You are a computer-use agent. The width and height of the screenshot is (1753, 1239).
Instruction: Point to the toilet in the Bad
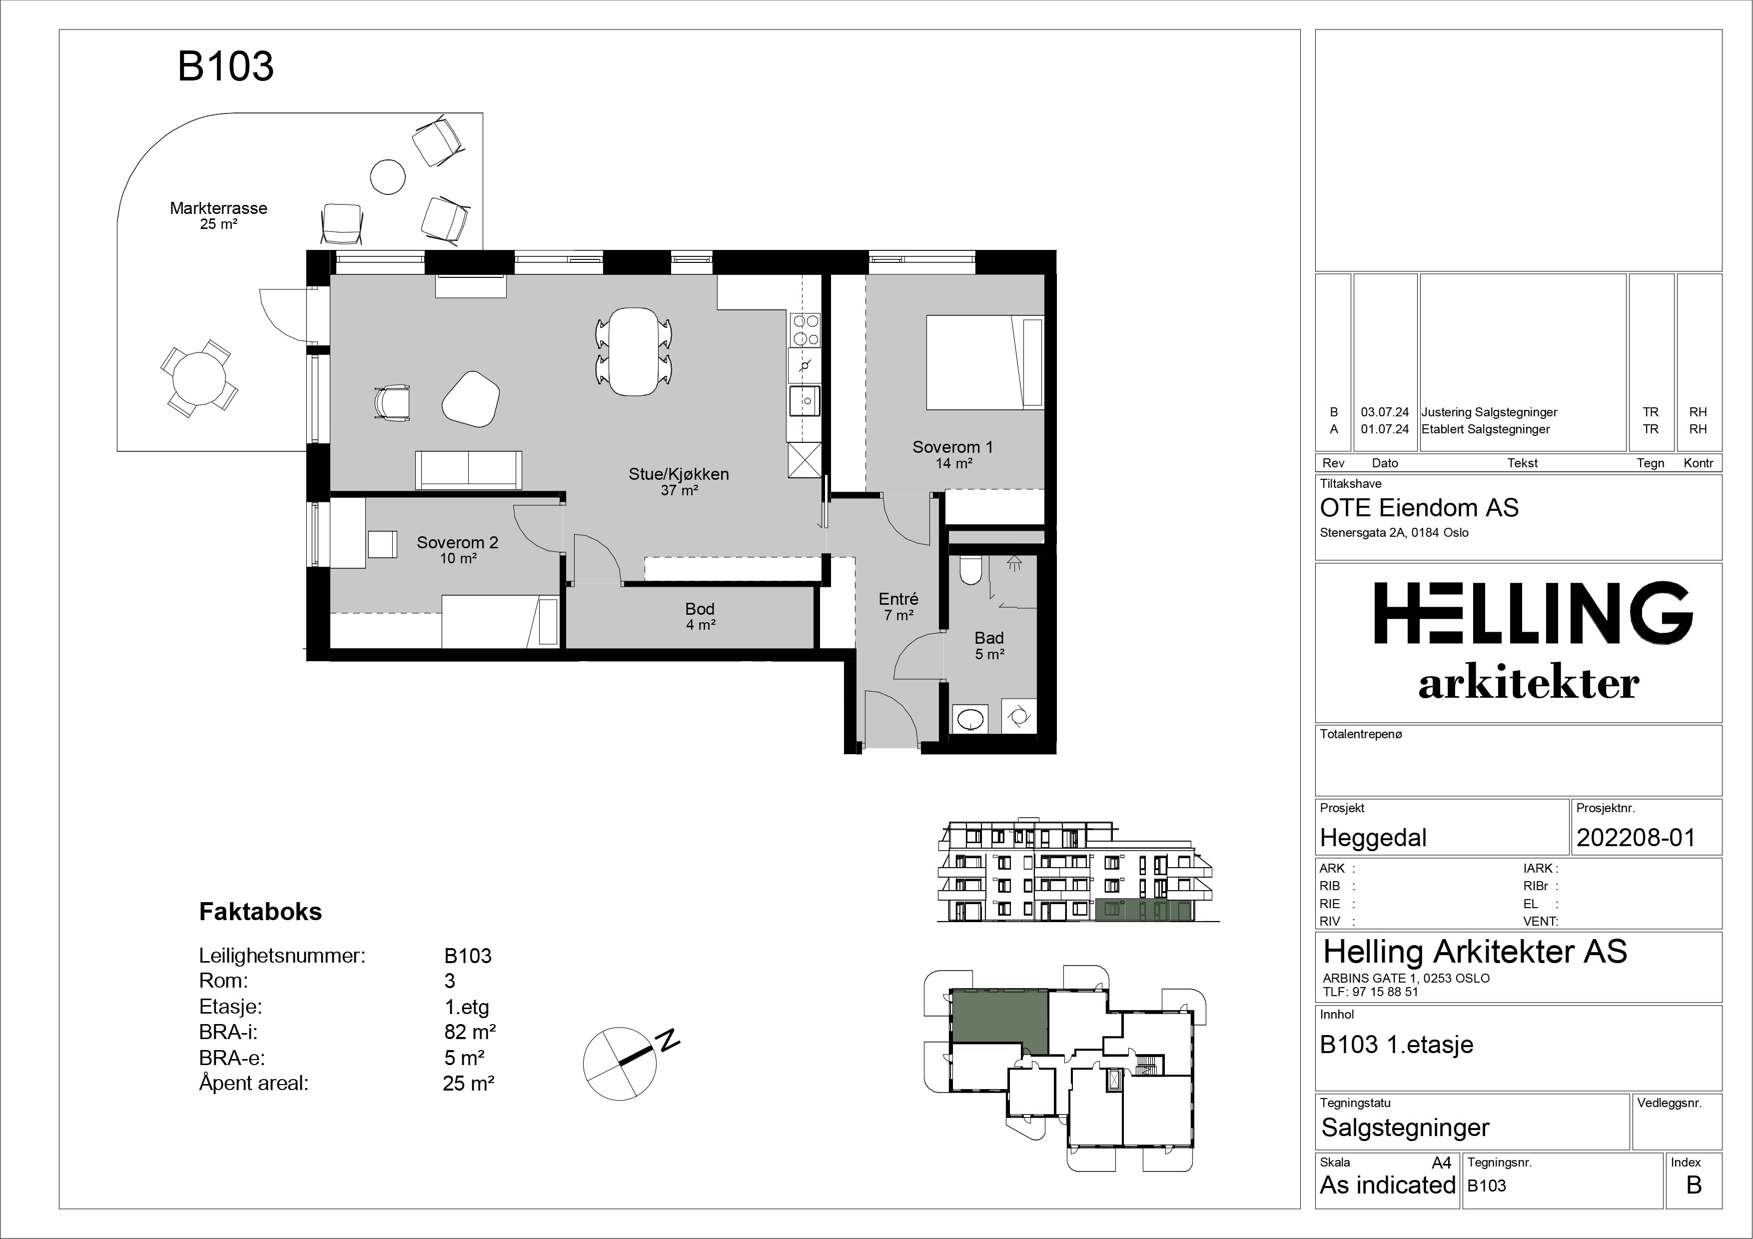click(969, 569)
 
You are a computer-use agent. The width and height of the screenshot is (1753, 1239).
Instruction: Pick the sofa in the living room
click(469, 469)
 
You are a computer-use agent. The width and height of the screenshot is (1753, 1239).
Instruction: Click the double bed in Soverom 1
click(985, 363)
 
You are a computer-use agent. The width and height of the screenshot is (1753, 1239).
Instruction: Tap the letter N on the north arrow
click(670, 1041)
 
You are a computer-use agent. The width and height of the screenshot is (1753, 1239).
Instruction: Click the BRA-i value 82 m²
click(470, 1032)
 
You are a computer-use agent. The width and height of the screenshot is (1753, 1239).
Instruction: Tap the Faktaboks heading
click(260, 912)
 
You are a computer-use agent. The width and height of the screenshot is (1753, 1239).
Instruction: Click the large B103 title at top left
click(225, 66)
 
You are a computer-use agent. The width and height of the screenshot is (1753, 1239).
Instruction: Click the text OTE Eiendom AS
click(1419, 508)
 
